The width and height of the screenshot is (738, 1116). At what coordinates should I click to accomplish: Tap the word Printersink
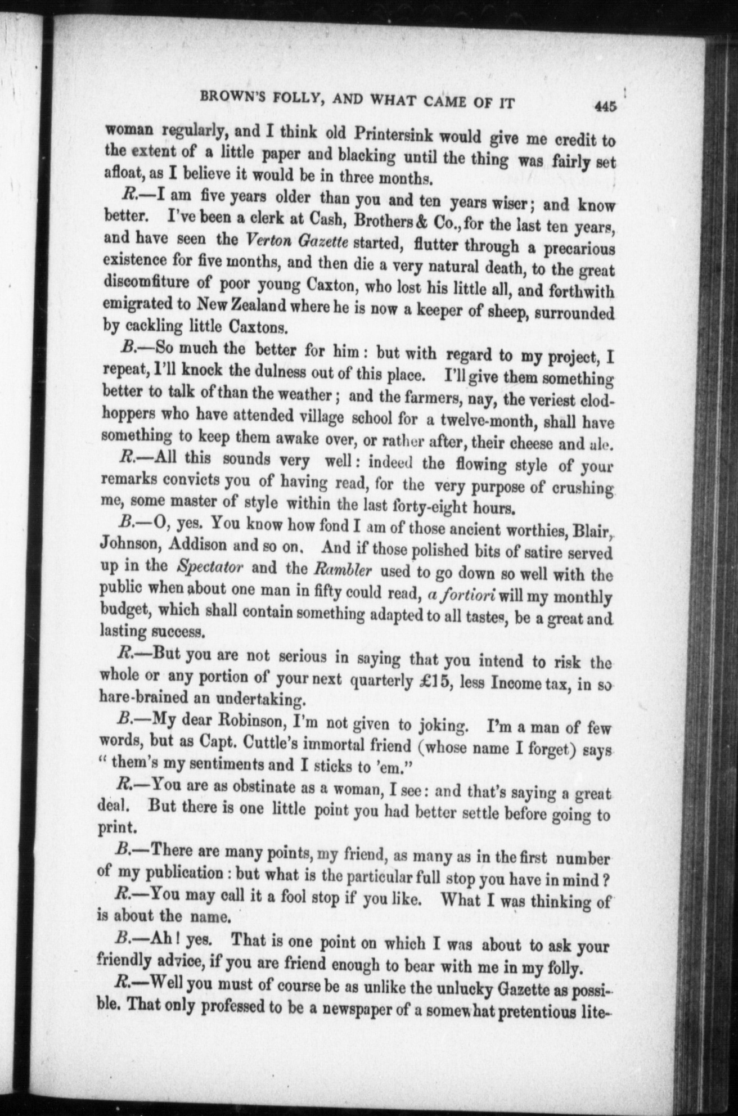click(393, 136)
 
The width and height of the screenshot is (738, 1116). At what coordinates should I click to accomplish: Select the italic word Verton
click(268, 240)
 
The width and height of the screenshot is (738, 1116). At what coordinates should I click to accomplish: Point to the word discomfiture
click(146, 284)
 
